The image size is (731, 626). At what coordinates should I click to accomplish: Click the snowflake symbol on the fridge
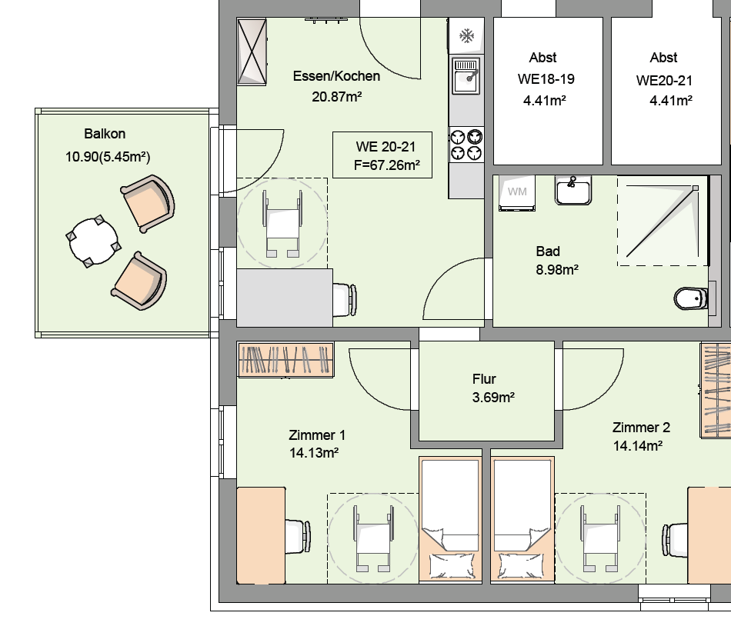coord(466,36)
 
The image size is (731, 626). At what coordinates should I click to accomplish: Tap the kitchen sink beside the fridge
coord(466,76)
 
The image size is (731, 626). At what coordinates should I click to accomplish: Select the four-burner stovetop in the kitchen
coord(466,145)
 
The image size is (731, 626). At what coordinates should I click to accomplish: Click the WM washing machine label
coord(517,191)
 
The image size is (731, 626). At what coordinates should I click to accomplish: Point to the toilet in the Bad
coord(691,298)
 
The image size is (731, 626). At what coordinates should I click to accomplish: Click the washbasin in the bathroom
coord(573,190)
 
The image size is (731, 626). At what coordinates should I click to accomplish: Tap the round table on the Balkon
coord(93,241)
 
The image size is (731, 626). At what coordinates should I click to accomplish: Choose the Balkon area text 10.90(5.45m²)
coord(108,157)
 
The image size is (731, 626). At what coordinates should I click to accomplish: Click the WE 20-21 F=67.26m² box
coord(382,155)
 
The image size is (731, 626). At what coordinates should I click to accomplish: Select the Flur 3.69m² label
coord(493,388)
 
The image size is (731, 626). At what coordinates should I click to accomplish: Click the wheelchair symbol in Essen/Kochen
coord(282,224)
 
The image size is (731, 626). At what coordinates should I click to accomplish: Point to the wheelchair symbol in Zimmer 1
coord(373,538)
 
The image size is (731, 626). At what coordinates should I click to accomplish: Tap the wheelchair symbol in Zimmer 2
coord(600,538)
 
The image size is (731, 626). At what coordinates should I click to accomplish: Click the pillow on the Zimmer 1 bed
coord(452,565)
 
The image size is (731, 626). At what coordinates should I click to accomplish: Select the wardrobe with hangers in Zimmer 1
coord(285,360)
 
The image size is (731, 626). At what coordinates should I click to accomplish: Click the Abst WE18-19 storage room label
coord(545,78)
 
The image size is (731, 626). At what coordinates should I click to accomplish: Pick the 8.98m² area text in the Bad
coord(557,270)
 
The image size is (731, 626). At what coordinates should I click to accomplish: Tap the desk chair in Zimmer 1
coord(298,537)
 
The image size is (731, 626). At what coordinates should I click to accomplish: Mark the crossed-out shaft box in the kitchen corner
coord(252,52)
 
